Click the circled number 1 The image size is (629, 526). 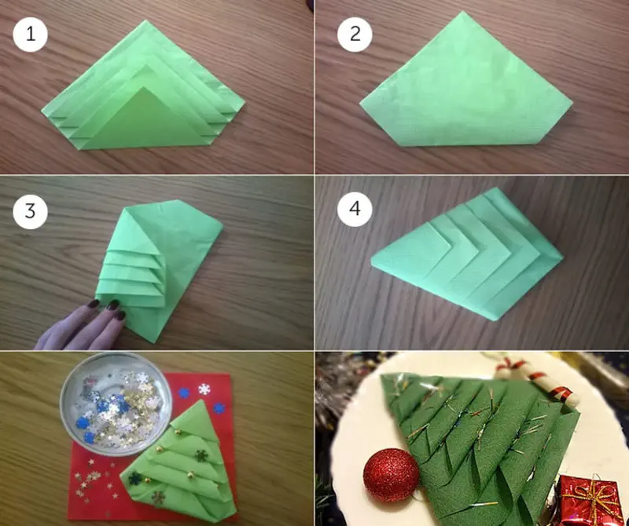pyautogui.click(x=30, y=35)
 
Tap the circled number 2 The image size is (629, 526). pyautogui.click(x=355, y=35)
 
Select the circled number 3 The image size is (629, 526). pyautogui.click(x=30, y=211)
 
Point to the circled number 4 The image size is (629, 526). pyautogui.click(x=355, y=209)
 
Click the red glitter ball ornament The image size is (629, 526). pyautogui.click(x=391, y=475)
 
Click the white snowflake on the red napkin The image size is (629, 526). pyautogui.click(x=204, y=389)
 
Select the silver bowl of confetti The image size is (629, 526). pyautogui.click(x=116, y=404)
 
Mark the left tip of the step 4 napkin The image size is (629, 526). pyautogui.click(x=373, y=262)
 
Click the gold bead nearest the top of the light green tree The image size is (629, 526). pyautogui.click(x=176, y=432)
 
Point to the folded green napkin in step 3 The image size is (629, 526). pyautogui.click(x=159, y=270)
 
